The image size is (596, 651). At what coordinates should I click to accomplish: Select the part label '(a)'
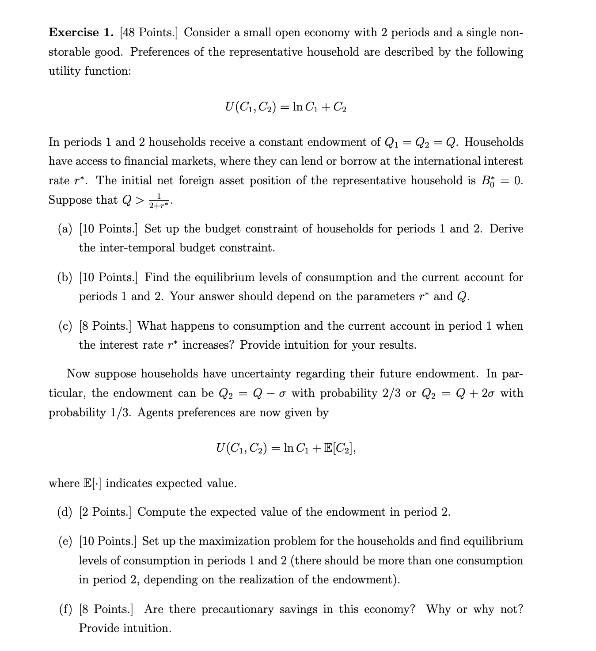click(65, 229)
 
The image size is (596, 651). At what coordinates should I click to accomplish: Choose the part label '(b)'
click(65, 278)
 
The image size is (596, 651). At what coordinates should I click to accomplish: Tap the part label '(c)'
click(65, 326)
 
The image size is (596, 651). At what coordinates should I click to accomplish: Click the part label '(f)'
click(65, 609)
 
